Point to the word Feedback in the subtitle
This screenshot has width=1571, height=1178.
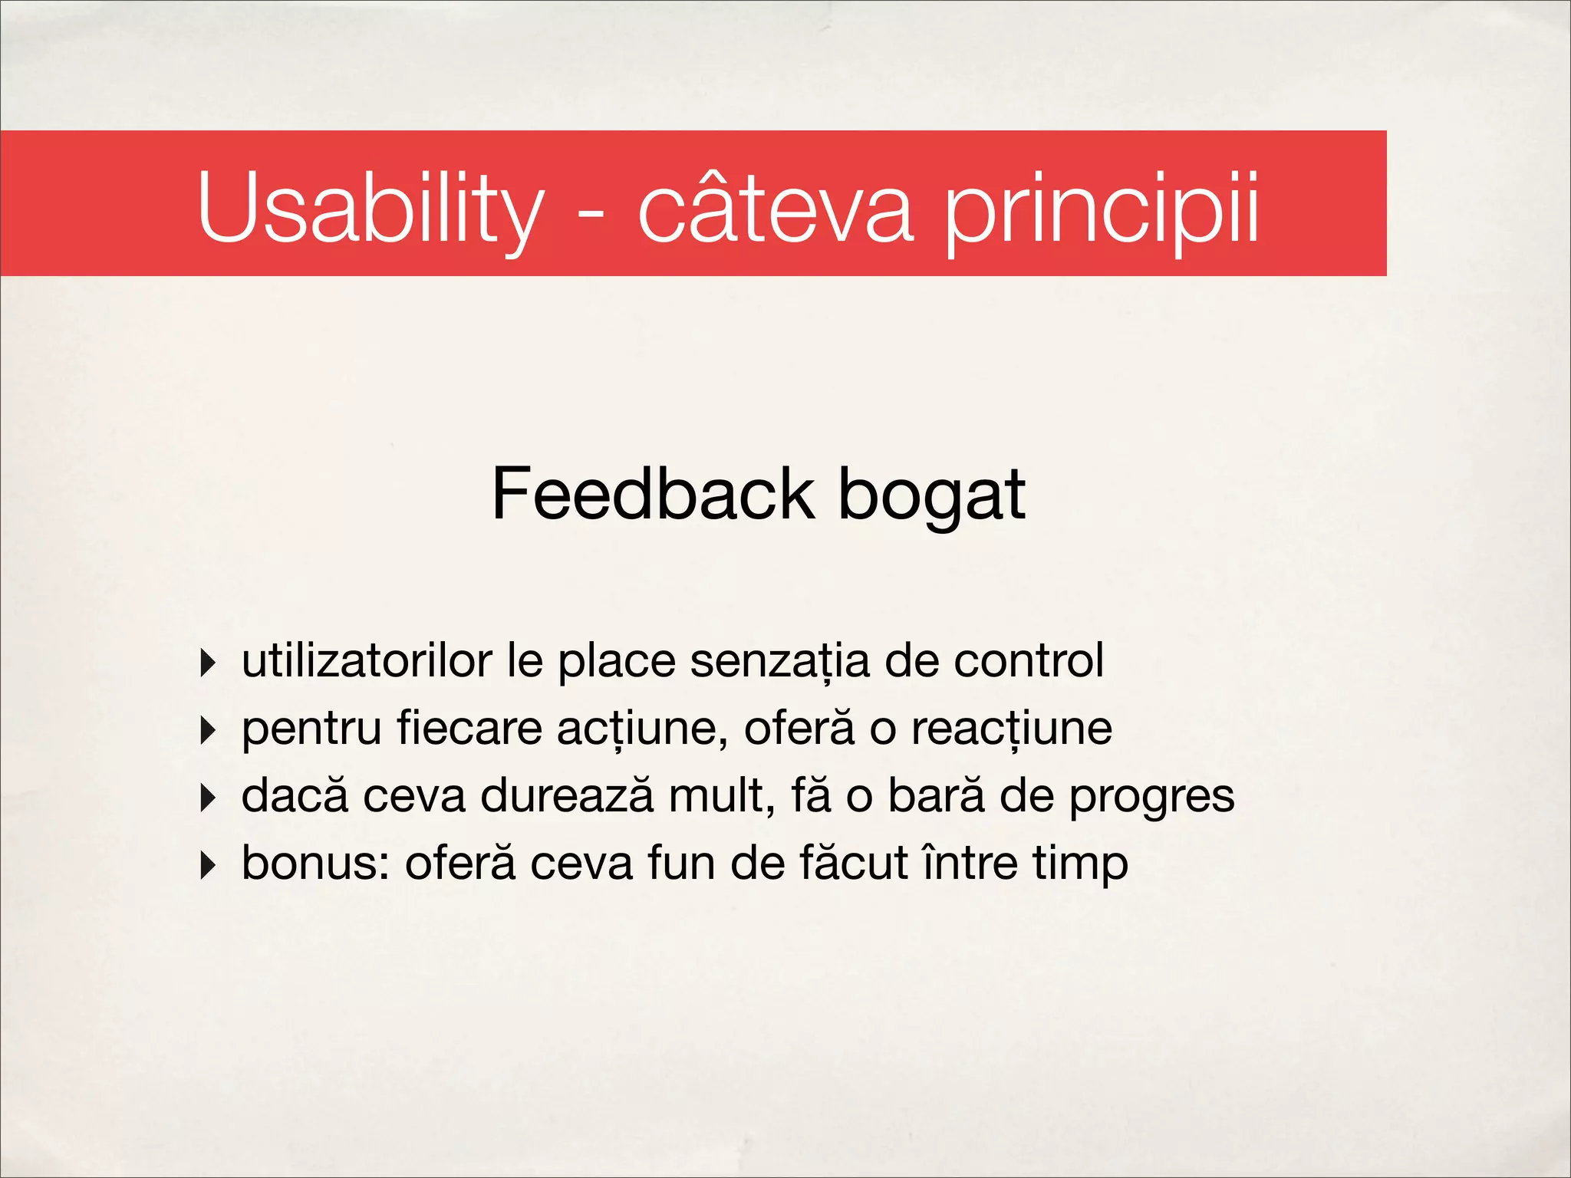[x=653, y=494]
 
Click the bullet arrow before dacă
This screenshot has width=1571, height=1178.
[x=208, y=798]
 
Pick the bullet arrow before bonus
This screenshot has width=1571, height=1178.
[x=208, y=865]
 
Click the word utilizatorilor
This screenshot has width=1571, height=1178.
[x=367, y=661]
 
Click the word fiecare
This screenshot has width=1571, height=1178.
[x=469, y=729]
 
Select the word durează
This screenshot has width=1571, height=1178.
[x=567, y=796]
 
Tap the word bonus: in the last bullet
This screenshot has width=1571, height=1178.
[x=315, y=864]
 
